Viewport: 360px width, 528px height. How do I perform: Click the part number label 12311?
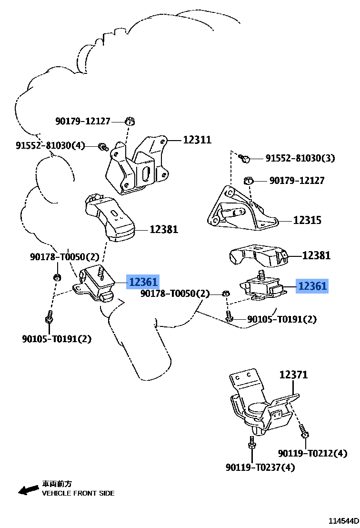tap(197, 140)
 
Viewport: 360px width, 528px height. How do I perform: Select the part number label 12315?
tap(307, 220)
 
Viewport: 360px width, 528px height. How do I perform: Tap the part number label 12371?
tap(293, 375)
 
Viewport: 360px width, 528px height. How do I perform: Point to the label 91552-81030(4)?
tap(50, 145)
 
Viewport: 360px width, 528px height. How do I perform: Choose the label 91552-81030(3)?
tap(300, 158)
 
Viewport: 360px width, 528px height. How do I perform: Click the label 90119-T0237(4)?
tap(260, 467)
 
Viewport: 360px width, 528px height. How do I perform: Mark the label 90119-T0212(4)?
tap(313, 453)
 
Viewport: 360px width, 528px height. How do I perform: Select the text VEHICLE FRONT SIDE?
tap(78, 493)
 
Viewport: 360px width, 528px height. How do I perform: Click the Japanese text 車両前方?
tap(57, 484)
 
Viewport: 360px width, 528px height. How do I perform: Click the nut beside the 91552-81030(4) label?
tap(102, 146)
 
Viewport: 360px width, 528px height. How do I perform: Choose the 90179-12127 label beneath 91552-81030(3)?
tap(297, 181)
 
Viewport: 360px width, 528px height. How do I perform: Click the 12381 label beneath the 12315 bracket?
tap(316, 255)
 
